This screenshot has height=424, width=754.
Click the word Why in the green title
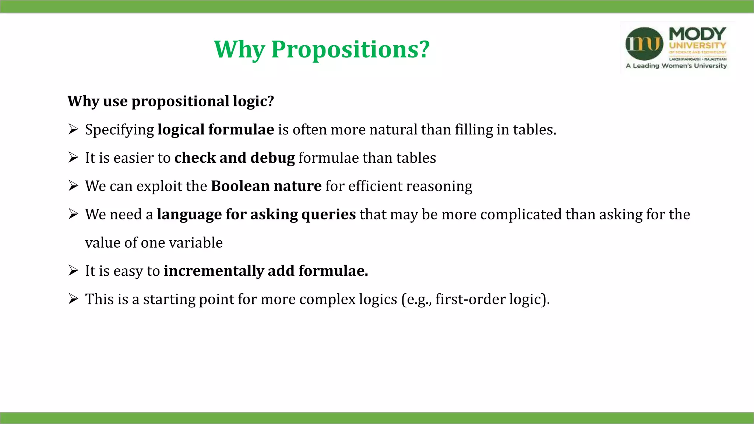(239, 49)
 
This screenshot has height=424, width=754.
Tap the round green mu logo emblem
(644, 44)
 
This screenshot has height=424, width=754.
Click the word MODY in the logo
(697, 34)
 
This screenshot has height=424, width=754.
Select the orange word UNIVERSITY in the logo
(697, 46)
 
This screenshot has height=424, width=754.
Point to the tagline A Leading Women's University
(676, 66)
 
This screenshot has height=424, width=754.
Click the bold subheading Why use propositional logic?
(171, 101)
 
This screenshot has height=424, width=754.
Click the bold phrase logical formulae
(216, 130)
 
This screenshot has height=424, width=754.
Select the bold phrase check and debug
(235, 158)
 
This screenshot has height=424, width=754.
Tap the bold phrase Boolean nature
(266, 186)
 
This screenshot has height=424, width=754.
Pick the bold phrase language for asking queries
(256, 215)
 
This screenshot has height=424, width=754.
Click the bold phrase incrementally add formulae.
(266, 271)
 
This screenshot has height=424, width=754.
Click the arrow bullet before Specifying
(73, 129)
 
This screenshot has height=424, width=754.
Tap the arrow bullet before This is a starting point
(73, 299)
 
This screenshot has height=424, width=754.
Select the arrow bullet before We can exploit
(73, 186)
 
